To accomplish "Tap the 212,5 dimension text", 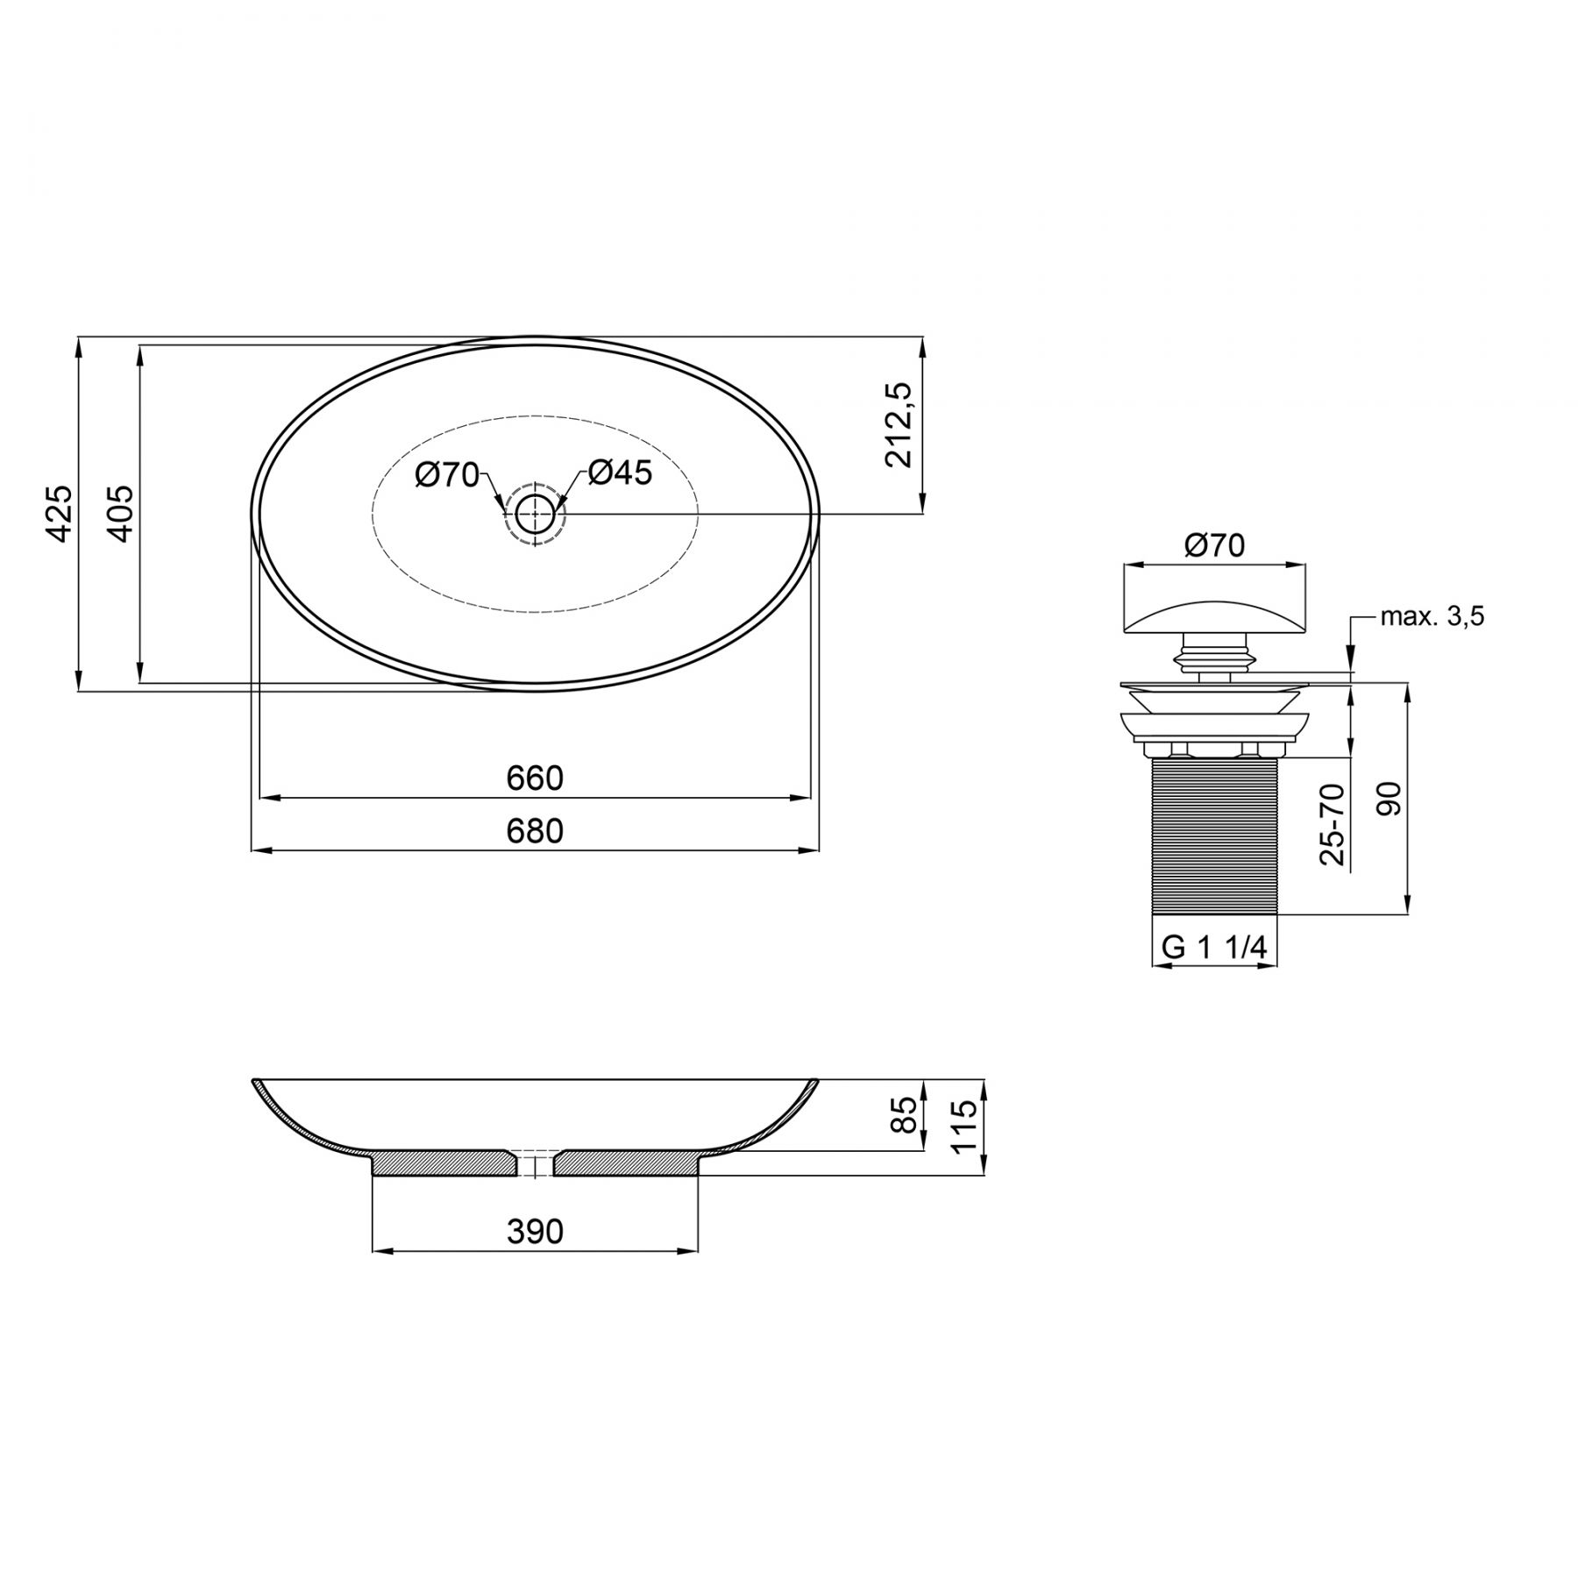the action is coord(899,425).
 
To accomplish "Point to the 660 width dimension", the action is coord(535,778).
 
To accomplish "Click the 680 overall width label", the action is coord(535,831).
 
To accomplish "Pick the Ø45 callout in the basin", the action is coord(620,473).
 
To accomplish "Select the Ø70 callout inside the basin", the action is coord(447,475).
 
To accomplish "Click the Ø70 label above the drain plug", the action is coord(1214,545).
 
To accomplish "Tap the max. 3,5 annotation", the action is coord(1432,617).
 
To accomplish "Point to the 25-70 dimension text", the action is coord(1333,824).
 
